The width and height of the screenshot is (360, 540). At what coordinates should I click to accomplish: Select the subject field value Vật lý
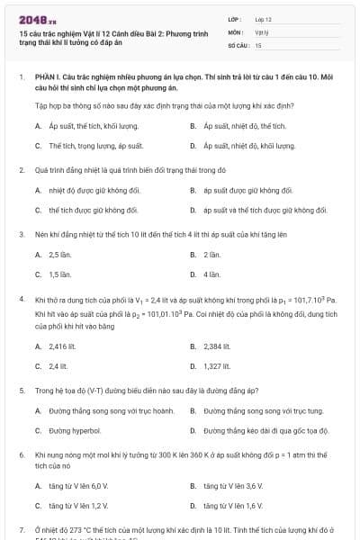pos(261,31)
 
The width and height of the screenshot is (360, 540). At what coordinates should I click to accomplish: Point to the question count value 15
pos(258,44)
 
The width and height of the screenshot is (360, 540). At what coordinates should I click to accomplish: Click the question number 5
pos(21,391)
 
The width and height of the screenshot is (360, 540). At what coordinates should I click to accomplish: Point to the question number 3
pos(21,234)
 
